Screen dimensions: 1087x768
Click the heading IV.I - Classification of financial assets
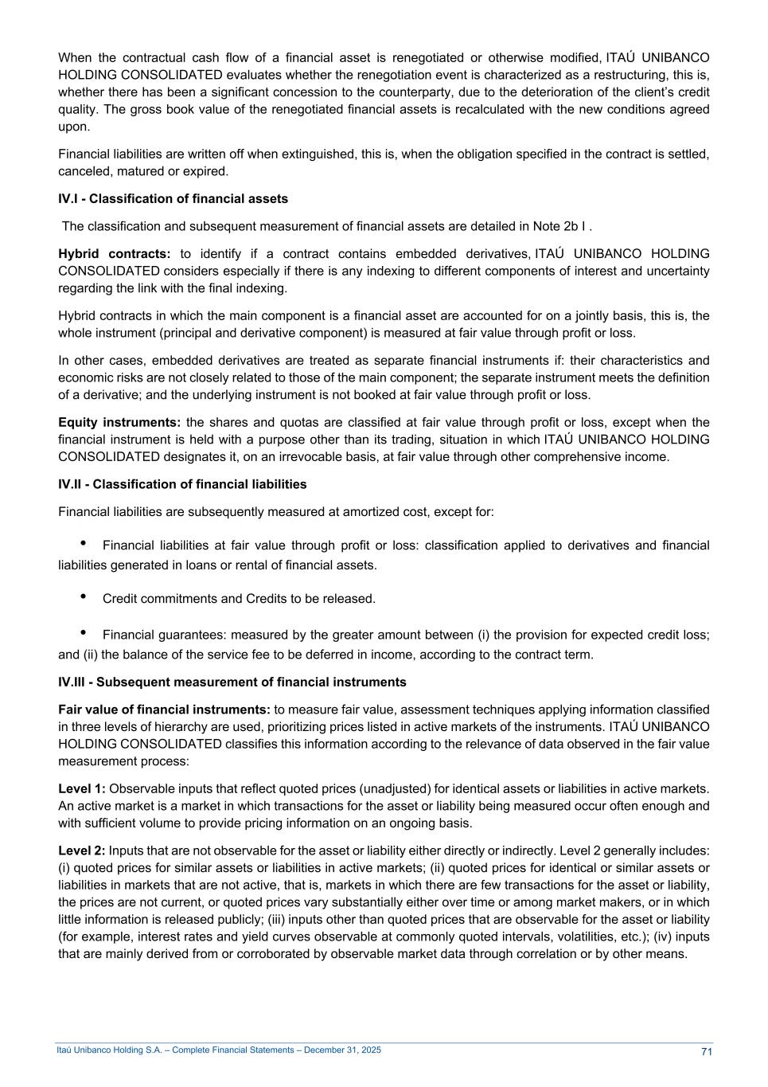pyautogui.click(x=173, y=198)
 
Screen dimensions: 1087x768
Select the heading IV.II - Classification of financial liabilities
pyautogui.click(x=182, y=484)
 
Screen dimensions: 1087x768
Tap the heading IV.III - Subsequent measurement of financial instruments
pyautogui.click(x=232, y=682)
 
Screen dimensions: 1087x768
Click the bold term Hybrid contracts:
pyautogui.click(x=115, y=254)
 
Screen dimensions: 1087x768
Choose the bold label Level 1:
pyautogui.click(x=81, y=788)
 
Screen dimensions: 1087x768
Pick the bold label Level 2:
pyautogui.click(x=81, y=850)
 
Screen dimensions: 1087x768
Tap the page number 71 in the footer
pyautogui.click(x=706, y=1051)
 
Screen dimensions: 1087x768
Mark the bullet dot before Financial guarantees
pyautogui.click(x=84, y=633)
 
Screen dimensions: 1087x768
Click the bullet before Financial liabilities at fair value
pyautogui.click(x=84, y=544)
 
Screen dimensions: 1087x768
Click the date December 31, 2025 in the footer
pyautogui.click(x=343, y=1050)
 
